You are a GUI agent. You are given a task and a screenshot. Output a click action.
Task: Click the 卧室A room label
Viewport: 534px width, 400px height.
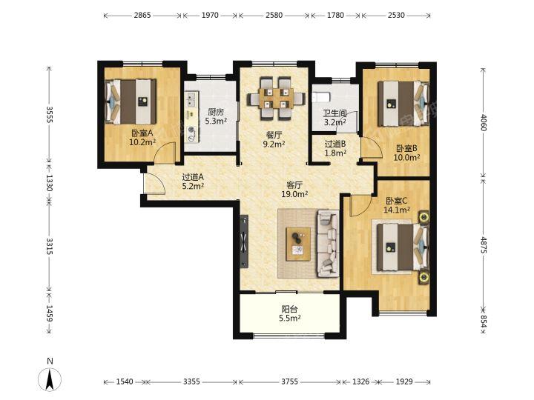point(142,133)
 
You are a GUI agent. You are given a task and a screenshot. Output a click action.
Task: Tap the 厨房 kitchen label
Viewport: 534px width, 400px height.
point(216,112)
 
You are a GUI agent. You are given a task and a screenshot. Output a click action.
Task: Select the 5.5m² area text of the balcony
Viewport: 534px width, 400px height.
point(290,319)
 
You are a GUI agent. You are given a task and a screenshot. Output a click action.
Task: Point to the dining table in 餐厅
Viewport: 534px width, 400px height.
point(276,99)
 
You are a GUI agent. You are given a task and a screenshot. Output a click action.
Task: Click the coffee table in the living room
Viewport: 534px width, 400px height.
point(298,244)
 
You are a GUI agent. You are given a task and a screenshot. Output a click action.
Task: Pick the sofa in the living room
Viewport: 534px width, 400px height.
point(329,244)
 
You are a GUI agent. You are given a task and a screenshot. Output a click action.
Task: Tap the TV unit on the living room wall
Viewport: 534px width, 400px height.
point(244,241)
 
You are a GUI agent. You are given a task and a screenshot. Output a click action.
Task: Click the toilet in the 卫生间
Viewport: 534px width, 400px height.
point(321,97)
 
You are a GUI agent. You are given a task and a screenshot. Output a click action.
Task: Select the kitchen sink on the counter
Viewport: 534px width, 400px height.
point(191,99)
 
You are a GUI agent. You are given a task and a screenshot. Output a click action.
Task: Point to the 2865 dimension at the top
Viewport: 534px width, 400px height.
point(142,16)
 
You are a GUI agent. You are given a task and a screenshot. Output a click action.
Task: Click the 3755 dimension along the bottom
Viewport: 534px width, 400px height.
point(289,381)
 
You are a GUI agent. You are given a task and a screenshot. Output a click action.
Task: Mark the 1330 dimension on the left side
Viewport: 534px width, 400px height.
point(50,183)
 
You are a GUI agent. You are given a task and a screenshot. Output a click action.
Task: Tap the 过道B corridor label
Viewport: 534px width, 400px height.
point(335,144)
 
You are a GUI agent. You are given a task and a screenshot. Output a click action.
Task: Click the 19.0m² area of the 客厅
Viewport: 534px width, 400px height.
point(294,194)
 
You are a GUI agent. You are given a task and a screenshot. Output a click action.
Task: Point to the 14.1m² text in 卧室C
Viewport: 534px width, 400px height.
point(396,210)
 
